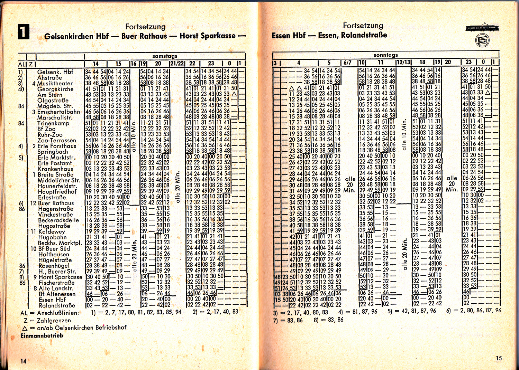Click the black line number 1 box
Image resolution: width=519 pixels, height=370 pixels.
click(x=24, y=32)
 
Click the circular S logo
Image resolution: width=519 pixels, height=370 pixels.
click(x=482, y=41)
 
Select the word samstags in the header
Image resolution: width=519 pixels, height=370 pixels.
click(x=165, y=56)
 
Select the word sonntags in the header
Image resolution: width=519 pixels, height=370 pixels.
click(x=385, y=55)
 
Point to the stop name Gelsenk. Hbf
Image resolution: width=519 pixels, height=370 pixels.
click(x=55, y=72)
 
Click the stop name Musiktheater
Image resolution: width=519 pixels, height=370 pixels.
click(x=55, y=83)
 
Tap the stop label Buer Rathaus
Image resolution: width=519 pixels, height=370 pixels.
click(x=56, y=203)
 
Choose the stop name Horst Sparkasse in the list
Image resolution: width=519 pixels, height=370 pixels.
click(x=60, y=277)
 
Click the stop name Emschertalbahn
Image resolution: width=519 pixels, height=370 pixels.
click(x=58, y=112)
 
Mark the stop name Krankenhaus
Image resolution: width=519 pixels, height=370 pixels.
click(x=55, y=169)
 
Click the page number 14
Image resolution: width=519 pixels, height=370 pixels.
click(x=23, y=361)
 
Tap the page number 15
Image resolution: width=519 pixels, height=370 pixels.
click(x=499, y=358)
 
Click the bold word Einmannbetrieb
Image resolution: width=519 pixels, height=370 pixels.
click(x=42, y=335)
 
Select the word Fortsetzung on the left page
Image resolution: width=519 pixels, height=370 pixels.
click(x=145, y=27)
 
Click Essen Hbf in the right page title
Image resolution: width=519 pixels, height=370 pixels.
click(x=289, y=35)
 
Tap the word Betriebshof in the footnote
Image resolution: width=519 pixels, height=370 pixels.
click(x=111, y=327)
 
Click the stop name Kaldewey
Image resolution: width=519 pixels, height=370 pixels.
click(x=52, y=231)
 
